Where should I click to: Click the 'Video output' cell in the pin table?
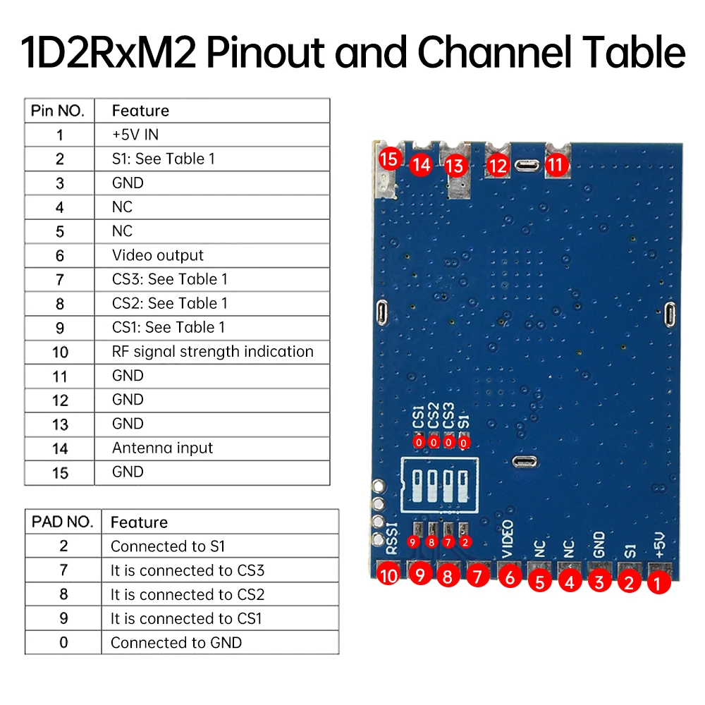[158, 255]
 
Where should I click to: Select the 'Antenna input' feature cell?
[162, 448]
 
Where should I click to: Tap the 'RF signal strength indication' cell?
[212, 351]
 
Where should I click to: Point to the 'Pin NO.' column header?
[58, 111]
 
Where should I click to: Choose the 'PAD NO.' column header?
[62, 522]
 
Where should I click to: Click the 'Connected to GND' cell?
[176, 642]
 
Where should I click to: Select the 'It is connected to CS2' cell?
[188, 594]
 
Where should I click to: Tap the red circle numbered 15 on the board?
[388, 158]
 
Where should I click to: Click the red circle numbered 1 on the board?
[658, 582]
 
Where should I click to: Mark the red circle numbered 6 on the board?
[510, 577]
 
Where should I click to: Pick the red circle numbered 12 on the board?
[498, 166]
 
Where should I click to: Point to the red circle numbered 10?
[388, 575]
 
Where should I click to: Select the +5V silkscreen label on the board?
[660, 544]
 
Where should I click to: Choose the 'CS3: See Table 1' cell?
[170, 279]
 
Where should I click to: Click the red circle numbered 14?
[421, 165]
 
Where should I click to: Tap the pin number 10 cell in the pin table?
[60, 351]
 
